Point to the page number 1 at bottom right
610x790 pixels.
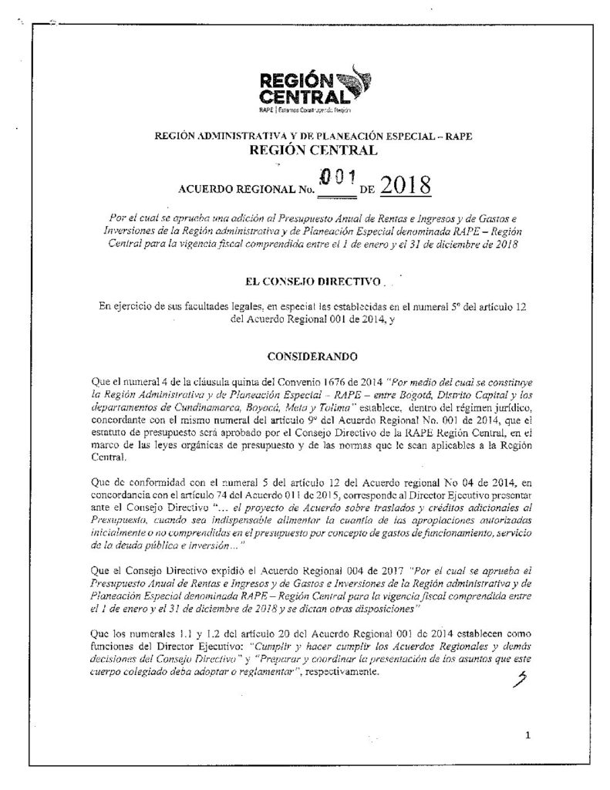coord(527,735)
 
